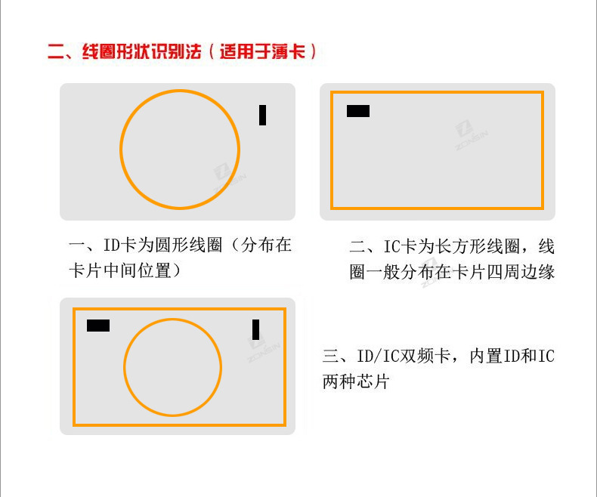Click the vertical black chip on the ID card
pos(262,115)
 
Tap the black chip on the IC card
pos(358,111)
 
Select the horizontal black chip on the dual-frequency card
pos(98,326)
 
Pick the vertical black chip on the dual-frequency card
pos(256,329)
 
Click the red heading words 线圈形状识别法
pos(141,51)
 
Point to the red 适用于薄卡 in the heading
pos(263,51)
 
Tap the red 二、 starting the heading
pos(60,51)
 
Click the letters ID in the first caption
pos(112,245)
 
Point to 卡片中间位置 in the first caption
pos(120,270)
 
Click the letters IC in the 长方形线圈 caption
pos(392,246)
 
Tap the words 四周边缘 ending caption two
pos(521,272)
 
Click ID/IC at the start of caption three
pos(379,357)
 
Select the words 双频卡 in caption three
pos(426,357)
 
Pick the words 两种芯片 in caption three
pos(356,381)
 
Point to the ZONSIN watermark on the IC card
pos(471,135)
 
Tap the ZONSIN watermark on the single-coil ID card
pos(229,179)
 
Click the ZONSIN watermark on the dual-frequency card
pos(264,347)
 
